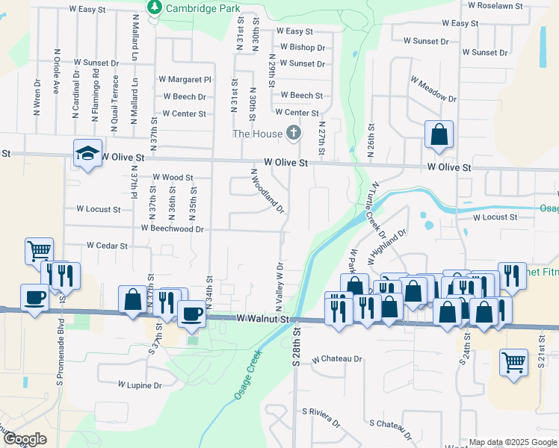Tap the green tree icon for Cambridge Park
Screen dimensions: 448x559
pos(155,7)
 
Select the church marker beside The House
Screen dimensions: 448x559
pos(294,134)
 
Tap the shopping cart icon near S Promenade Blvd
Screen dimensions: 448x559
pos(39,250)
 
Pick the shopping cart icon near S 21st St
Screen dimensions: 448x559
pos(513,362)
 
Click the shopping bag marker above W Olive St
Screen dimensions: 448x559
pos(439,134)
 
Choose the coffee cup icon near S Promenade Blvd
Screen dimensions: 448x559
pos(34,297)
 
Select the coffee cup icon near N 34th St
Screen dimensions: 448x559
pos(191,313)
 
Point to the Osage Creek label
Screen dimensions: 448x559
pos(250,375)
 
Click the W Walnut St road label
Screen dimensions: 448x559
pos(262,319)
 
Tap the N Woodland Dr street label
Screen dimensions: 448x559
pos(268,191)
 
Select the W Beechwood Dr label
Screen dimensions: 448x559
pos(173,228)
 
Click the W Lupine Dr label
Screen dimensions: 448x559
pos(140,385)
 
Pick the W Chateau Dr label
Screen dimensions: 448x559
pos(337,359)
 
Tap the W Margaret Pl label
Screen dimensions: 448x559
pos(185,79)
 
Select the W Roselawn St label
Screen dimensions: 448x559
pos(498,4)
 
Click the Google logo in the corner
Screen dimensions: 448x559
pos(25,439)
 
